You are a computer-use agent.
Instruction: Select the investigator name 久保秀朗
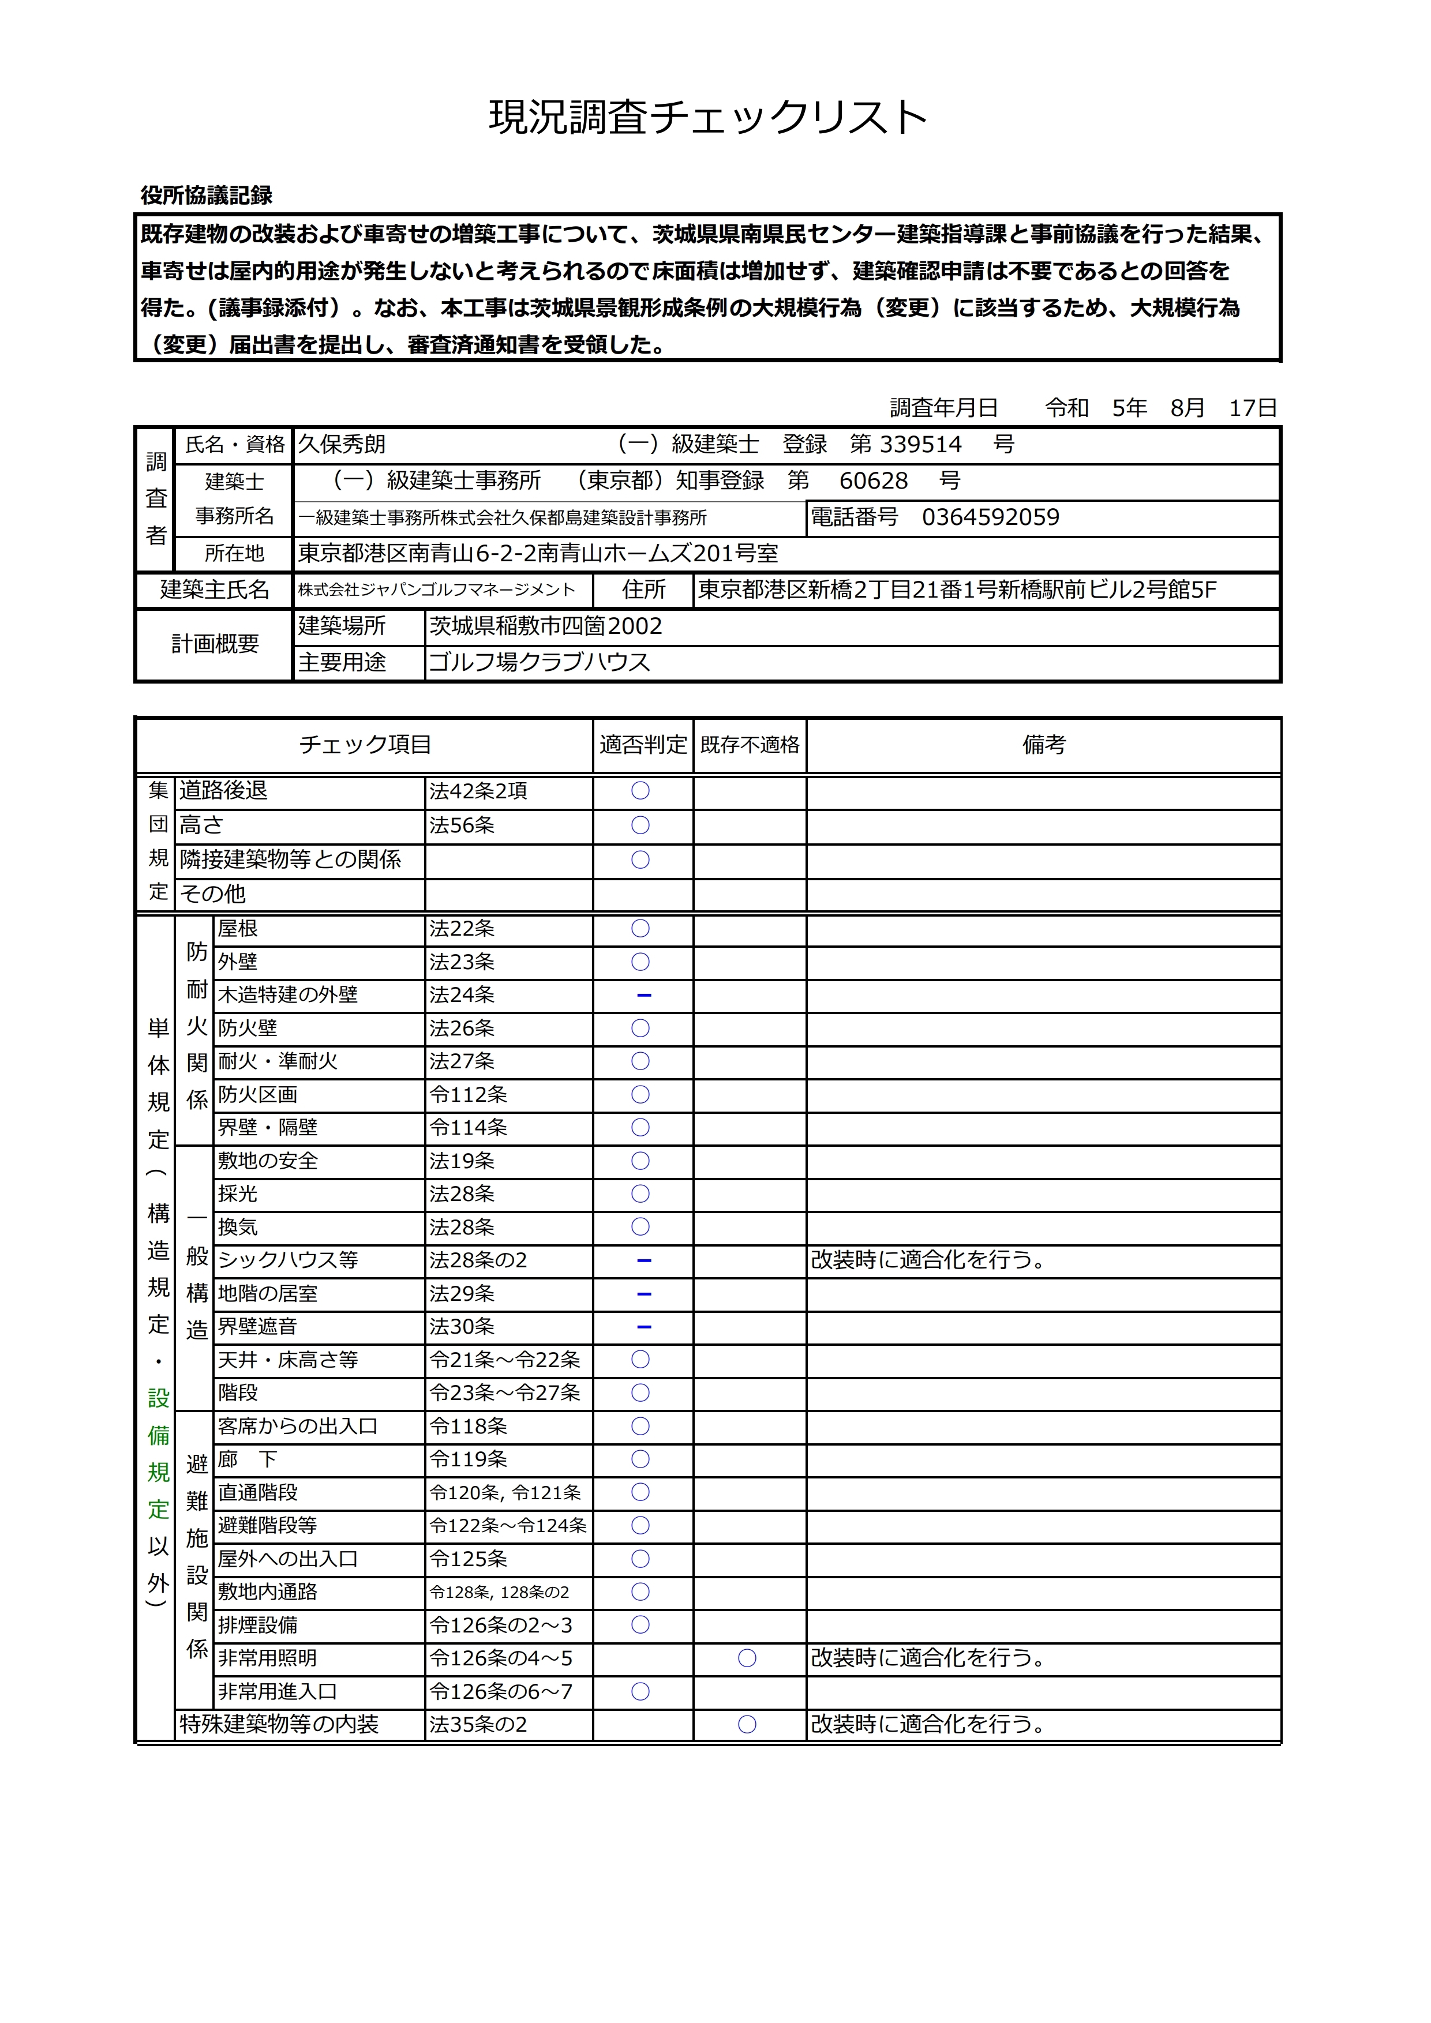342,444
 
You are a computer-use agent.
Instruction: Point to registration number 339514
921,444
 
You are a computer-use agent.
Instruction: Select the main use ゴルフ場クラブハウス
540,663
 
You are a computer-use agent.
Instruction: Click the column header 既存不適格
750,745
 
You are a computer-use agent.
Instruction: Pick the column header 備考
1044,745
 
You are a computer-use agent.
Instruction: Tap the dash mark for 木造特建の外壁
643,996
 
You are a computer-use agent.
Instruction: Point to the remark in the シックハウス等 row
928,1261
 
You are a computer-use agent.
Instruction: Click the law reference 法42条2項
478,791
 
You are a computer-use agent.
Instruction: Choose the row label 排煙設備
258,1625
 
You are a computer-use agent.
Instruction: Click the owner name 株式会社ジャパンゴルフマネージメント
436,590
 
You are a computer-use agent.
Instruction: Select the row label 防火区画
258,1095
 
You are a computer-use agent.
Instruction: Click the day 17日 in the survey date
1253,408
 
